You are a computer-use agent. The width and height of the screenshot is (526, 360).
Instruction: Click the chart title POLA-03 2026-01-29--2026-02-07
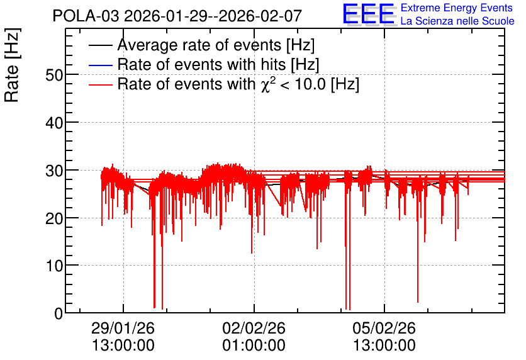177,16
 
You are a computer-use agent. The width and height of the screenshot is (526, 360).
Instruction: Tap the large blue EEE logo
369,14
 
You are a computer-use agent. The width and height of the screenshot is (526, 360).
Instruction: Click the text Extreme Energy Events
457,8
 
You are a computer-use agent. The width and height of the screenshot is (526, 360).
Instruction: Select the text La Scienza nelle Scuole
457,21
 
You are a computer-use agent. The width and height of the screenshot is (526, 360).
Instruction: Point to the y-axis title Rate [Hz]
12,65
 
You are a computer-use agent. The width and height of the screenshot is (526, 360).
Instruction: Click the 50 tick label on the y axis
54,75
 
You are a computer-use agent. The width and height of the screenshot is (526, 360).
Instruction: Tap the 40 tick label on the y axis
54,123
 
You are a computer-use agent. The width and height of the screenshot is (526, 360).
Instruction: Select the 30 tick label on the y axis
54,171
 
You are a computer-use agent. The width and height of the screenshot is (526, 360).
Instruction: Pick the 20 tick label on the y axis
54,218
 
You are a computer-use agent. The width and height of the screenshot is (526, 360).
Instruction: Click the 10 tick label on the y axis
54,266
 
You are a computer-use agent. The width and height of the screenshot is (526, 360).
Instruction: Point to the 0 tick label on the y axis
59,313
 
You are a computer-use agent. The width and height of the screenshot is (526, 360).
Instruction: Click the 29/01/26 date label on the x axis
123,328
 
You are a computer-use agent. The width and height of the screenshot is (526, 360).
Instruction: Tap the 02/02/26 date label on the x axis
254,328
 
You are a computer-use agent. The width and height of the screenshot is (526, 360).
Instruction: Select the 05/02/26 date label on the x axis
384,328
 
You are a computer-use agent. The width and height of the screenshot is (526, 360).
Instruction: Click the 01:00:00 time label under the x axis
254,346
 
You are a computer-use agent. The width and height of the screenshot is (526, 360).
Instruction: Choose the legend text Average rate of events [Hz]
216,45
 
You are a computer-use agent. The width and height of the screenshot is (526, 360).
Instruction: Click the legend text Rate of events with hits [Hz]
218,64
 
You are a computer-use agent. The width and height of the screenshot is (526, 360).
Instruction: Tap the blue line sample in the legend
100,65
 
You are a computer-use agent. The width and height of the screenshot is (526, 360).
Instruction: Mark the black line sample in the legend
100,45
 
